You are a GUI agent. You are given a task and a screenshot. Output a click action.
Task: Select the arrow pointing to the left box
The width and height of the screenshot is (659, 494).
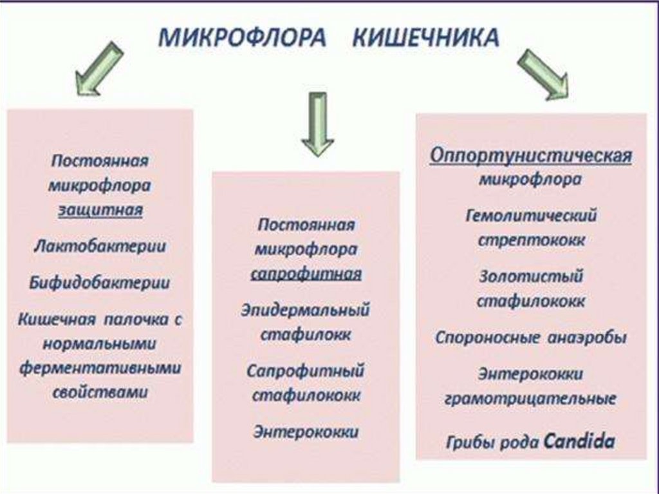pos(98,70)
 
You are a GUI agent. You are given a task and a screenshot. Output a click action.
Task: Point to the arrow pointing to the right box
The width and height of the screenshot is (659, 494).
pos(543,75)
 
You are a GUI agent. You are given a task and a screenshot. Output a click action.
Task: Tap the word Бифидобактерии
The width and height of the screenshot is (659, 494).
pos(100,282)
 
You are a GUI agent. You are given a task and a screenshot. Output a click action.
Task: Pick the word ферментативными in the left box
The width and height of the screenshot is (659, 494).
pos(100,368)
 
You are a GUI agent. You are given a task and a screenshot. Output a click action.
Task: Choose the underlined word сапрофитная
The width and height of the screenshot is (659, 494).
pos(306,274)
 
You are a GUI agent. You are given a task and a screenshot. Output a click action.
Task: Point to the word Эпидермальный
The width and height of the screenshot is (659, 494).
pos(306,310)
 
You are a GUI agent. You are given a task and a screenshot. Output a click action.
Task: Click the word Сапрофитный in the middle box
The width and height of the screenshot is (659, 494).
pos(306,371)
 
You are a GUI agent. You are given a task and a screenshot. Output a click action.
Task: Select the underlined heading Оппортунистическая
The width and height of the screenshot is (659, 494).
pos(531,157)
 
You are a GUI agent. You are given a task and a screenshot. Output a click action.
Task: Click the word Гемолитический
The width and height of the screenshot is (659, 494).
pos(531,215)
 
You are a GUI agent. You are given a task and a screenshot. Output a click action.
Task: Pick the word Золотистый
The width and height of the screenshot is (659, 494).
pos(531,277)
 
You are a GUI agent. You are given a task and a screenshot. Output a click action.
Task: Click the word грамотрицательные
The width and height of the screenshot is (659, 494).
pos(531,399)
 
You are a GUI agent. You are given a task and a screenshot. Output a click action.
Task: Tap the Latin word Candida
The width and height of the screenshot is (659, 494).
pos(579,442)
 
